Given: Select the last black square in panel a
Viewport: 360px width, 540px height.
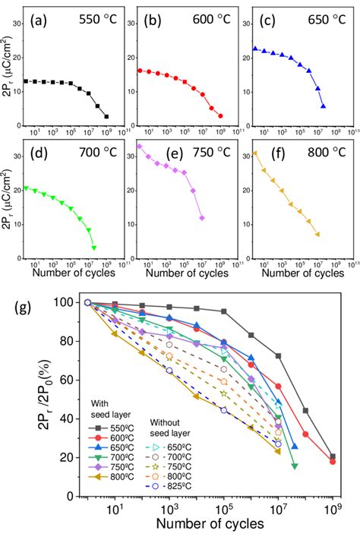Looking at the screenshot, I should point(106,116).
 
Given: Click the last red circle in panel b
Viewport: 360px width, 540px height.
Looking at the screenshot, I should point(220,115).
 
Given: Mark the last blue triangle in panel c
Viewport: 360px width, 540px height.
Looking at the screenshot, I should point(324,106).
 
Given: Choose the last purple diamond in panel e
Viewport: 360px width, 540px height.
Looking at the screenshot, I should point(202,218).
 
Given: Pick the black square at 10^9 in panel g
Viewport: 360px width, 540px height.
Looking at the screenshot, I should point(333,456).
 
